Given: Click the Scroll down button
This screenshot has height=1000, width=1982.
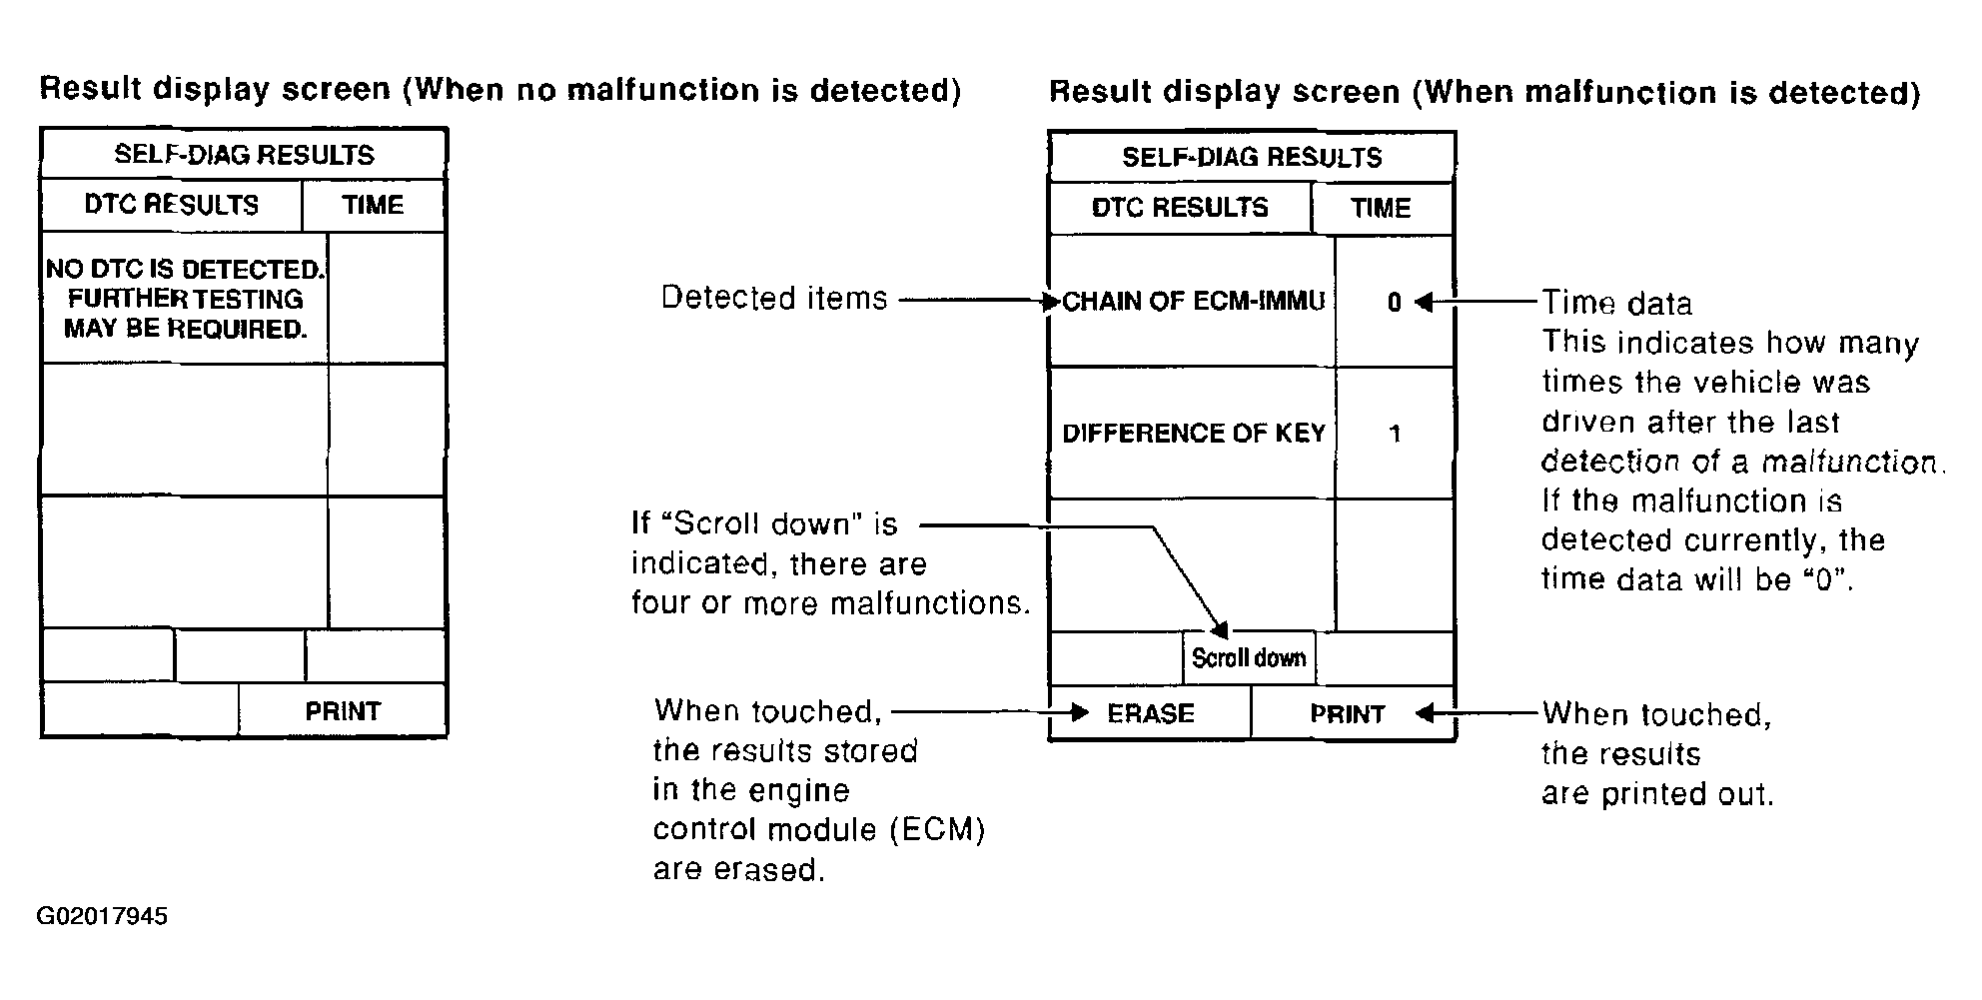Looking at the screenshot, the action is coord(1249,658).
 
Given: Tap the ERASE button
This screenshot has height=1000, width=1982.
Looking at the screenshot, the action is coord(1151,713).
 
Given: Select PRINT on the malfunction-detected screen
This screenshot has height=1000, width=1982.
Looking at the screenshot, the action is coord(1347,714).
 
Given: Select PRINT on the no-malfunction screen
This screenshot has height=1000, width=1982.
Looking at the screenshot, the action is coord(343,711).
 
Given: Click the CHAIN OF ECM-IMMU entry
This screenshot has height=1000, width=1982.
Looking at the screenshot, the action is coord(1193,302).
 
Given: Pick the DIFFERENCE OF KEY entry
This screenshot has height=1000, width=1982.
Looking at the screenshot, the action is coord(1193,433).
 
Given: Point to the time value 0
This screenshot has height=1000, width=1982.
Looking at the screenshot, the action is coord(1395,303).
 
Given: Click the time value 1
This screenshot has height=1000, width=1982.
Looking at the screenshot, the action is coord(1396,434).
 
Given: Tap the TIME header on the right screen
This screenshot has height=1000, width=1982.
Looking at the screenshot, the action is coord(1381,208).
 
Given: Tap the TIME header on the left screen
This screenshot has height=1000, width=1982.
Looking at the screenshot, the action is coord(373,205).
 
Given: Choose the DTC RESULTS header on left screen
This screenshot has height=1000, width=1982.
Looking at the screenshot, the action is coord(172,205).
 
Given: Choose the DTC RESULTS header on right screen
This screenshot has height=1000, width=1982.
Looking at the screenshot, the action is coord(1180,208).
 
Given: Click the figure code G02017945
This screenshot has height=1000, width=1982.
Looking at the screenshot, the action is coord(102,916).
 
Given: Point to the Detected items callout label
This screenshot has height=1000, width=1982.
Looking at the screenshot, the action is coord(774,298).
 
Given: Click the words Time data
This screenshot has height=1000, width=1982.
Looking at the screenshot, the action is coord(1617,303).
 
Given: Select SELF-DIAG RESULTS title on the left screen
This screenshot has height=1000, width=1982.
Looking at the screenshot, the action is coord(244,155).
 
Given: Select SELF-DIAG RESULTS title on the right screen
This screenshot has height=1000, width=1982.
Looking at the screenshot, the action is coord(1252,157).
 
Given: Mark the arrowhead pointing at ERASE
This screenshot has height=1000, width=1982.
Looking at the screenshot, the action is coord(1079,712).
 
